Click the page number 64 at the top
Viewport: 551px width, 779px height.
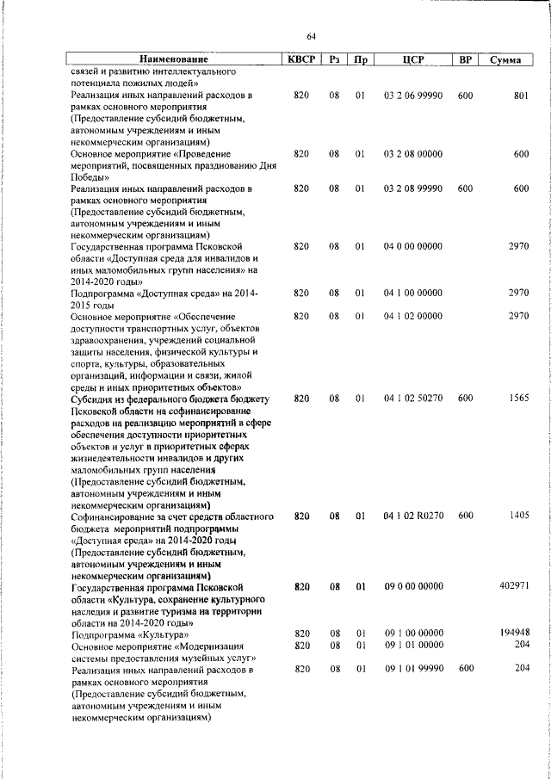click(x=312, y=35)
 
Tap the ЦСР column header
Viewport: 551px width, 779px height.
click(x=412, y=60)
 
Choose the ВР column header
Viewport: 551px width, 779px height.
click(x=465, y=60)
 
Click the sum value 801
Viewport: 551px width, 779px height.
click(x=520, y=96)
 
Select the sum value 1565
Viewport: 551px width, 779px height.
click(x=517, y=399)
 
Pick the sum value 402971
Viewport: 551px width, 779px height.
click(x=513, y=585)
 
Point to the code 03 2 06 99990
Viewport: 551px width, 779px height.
click(x=412, y=96)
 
